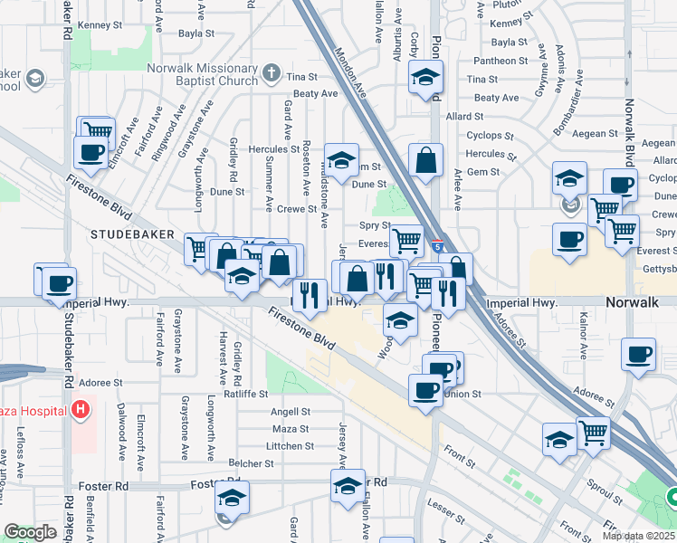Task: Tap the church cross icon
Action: (270, 72)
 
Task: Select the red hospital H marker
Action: (81, 410)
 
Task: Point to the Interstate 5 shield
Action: (438, 246)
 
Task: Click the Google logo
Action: (31, 532)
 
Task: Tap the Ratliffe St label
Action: (247, 394)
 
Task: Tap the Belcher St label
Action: (251, 463)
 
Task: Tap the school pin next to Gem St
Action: (341, 162)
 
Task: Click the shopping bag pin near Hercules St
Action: (425, 162)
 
